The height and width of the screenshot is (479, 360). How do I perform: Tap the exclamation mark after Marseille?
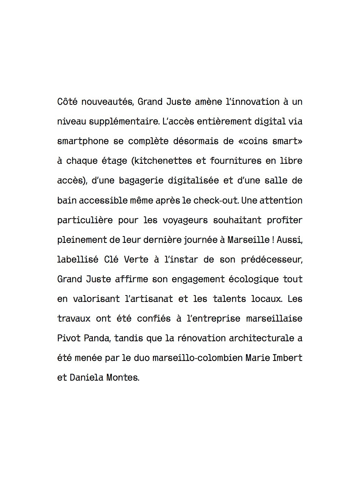tap(273, 240)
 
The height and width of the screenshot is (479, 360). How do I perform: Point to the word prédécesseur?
tap(272, 260)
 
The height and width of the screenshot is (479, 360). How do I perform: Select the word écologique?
tap(252, 279)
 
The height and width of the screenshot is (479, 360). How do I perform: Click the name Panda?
tap(98, 338)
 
